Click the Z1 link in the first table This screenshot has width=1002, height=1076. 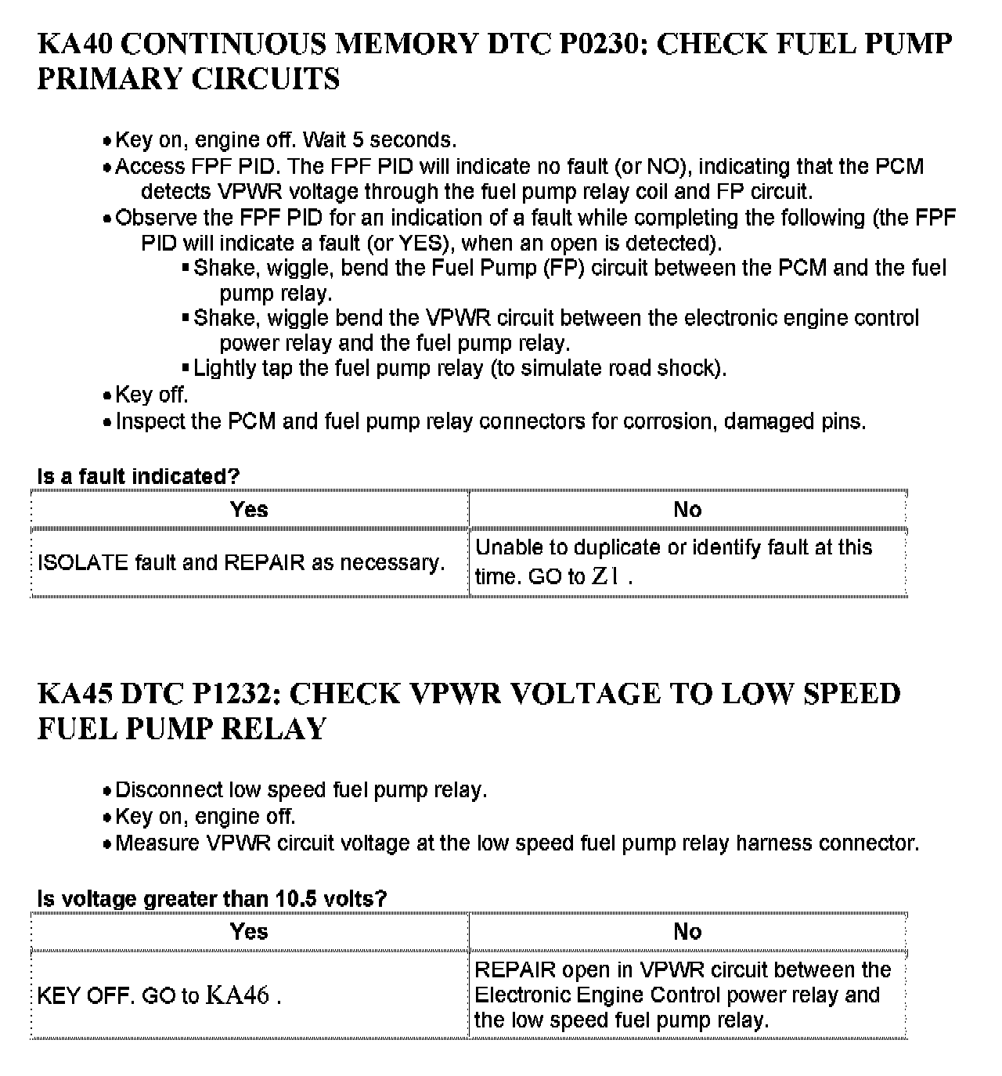point(607,577)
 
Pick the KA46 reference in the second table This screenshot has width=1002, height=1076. point(238,996)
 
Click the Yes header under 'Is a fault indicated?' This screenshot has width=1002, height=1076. point(249,510)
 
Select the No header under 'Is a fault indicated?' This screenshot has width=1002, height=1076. point(687,510)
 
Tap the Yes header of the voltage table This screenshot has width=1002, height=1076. point(249,931)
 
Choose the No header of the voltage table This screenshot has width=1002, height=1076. point(687,931)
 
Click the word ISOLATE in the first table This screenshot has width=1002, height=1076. point(83,563)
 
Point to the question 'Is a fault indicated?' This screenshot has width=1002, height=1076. point(138,476)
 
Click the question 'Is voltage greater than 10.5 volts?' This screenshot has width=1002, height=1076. point(211,898)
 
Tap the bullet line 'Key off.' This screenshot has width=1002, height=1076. point(152,395)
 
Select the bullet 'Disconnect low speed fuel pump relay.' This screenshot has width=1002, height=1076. point(301,790)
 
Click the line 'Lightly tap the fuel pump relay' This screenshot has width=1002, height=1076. point(460,368)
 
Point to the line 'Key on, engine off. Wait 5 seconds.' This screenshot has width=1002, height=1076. point(286,140)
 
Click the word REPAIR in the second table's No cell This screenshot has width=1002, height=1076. point(514,970)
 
